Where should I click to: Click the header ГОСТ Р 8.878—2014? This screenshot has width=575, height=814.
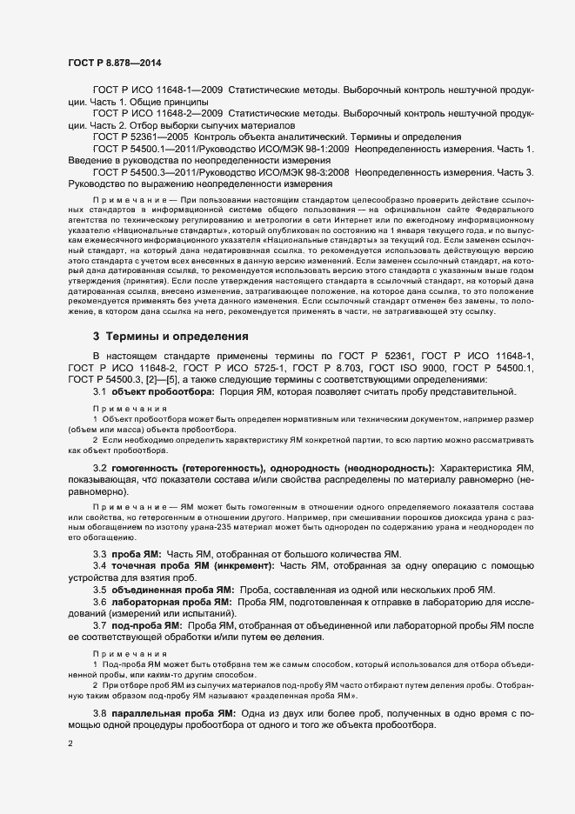(x=113, y=63)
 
